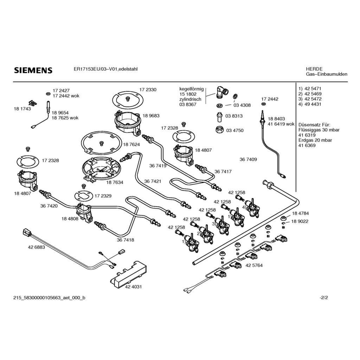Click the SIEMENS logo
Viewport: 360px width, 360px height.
click(33, 70)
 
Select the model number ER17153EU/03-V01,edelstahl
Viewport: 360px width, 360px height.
click(105, 69)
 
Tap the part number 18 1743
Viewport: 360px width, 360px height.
click(22, 109)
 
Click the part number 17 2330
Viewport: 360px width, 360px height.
click(148, 90)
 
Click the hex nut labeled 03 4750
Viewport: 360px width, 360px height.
click(220, 130)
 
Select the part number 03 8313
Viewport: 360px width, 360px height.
click(234, 116)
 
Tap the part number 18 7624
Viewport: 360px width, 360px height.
click(131, 144)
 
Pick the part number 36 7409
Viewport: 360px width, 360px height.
click(248, 159)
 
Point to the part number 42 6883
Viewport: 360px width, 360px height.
click(37, 247)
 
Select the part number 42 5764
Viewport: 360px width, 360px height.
click(254, 265)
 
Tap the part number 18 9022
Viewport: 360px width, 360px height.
click(300, 221)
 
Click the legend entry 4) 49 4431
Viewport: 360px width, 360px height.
click(310, 104)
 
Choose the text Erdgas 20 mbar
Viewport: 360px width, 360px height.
click(315, 140)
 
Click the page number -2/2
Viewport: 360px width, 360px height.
click(324, 298)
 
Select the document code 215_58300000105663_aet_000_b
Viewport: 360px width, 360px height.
click(49, 298)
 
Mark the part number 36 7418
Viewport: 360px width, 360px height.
click(126, 240)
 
